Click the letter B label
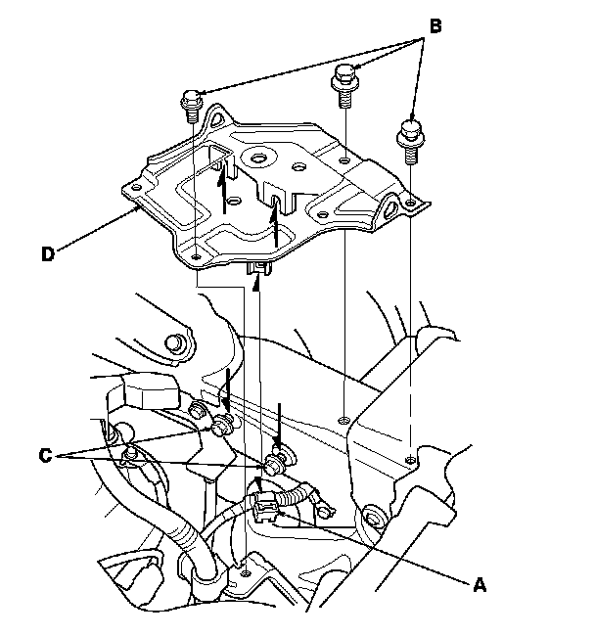coord(435,25)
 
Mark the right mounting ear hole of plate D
coord(395,203)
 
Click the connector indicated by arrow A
coord(265,505)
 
